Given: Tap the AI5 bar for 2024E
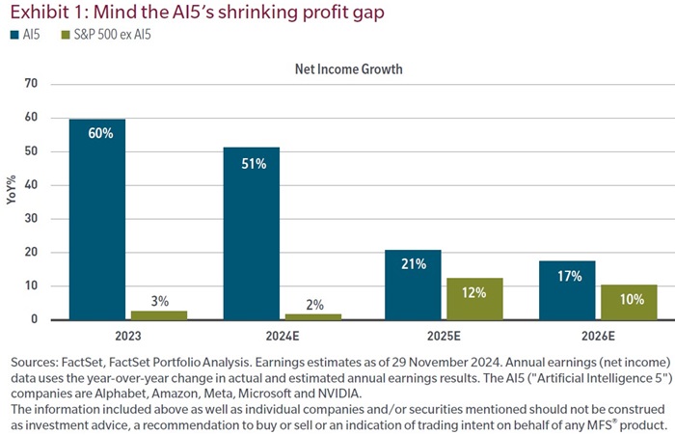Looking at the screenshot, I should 252,232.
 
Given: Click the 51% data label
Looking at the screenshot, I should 252,163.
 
